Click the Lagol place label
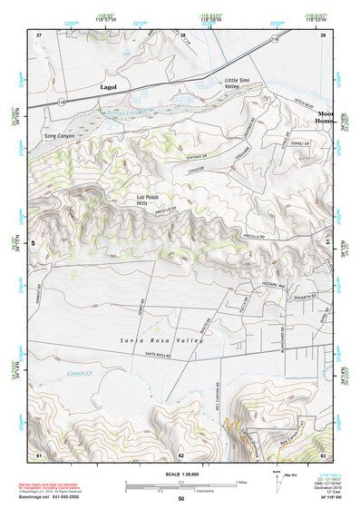[109, 86]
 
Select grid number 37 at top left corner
[39, 35]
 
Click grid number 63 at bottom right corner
[323, 454]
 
